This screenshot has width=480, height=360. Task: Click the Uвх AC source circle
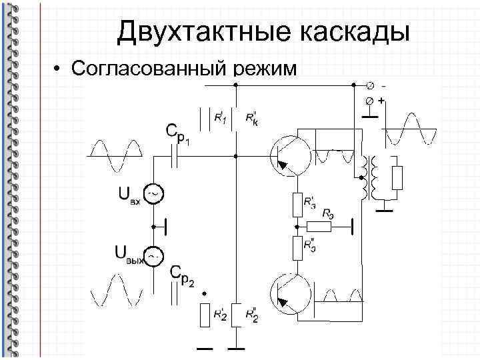[153, 194]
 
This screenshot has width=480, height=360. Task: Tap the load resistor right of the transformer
[397, 178]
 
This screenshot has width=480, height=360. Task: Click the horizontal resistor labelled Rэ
[319, 226]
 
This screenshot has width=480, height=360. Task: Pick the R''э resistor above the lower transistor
[297, 247]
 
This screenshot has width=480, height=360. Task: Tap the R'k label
[251, 117]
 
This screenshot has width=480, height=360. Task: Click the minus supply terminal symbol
[371, 85]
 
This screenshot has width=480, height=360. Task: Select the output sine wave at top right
[411, 129]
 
